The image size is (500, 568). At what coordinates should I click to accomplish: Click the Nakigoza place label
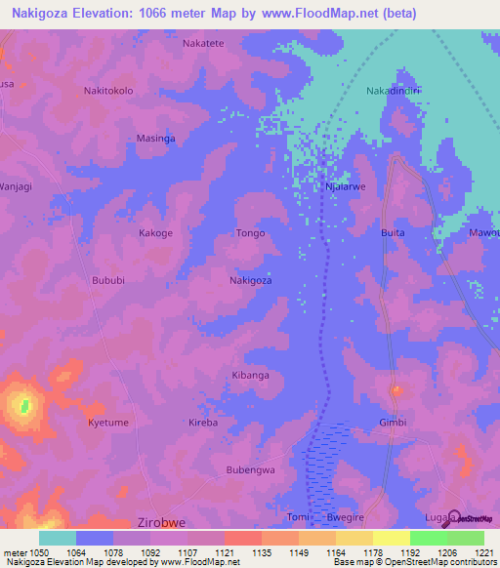point(250,280)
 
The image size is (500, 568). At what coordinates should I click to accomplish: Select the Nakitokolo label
point(108,91)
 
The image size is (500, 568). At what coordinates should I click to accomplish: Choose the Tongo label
point(250,233)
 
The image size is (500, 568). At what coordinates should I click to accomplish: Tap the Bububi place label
point(108,280)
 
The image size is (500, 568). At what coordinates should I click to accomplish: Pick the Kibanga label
point(250,375)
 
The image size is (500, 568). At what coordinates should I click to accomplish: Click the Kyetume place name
point(108,423)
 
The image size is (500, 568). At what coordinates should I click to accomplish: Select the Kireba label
point(203,423)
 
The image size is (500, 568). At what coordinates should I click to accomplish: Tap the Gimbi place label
point(392,423)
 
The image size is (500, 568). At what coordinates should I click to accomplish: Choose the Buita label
point(392,233)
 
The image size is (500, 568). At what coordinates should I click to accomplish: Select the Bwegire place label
point(344,517)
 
